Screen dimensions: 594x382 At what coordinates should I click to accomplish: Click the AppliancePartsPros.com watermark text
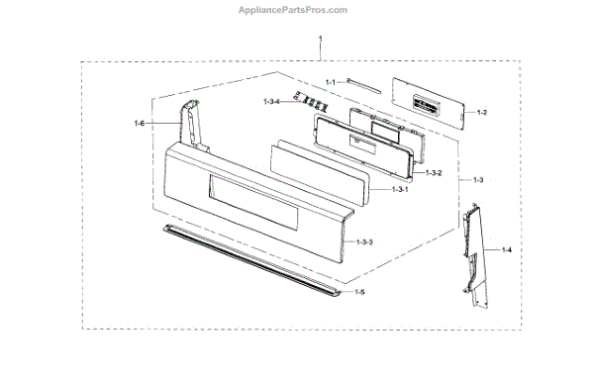coord(293,10)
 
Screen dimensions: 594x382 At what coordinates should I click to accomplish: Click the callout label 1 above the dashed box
coord(321,39)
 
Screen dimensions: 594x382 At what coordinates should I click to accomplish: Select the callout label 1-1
coord(331,82)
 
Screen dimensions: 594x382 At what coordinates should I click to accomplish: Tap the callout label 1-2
coord(482,112)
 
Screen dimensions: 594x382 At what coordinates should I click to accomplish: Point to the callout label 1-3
coord(478,180)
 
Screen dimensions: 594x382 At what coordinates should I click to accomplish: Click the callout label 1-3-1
coord(400,189)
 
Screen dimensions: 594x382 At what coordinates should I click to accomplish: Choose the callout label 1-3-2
coord(434,173)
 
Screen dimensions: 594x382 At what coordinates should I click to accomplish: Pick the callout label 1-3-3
coord(364,241)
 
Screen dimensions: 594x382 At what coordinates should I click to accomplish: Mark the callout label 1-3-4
coord(271,102)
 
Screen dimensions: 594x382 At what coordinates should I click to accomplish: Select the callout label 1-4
coord(507,249)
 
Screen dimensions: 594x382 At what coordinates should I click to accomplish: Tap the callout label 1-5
coord(359,292)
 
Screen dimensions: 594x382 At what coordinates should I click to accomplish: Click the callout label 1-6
coord(139,123)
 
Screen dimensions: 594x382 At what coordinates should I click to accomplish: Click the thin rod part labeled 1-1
coord(363,86)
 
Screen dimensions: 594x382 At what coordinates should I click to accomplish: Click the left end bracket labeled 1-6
coord(193,125)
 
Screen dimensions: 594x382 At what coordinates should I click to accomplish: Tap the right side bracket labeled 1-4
coord(475,255)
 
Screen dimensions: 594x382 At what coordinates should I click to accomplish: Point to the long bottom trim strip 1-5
coord(250,260)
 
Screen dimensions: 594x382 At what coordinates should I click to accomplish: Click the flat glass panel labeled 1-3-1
coord(321,172)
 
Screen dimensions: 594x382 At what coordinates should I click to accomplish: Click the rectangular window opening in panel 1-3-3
coord(253,203)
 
